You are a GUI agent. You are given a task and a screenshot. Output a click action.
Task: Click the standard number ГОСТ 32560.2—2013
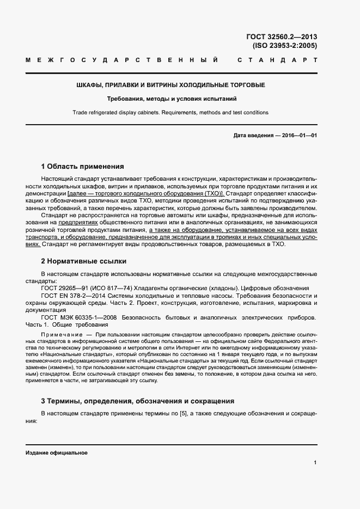pyautogui.click(x=282, y=37)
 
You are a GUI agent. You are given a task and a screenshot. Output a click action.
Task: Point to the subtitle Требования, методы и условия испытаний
pyautogui.click(x=170, y=99)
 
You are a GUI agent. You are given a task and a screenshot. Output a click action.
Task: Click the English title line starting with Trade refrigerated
pyautogui.click(x=170, y=113)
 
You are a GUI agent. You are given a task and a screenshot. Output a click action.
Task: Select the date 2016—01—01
pyautogui.click(x=298, y=135)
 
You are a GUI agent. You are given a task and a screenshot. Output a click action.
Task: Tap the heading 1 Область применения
pyautogui.click(x=83, y=166)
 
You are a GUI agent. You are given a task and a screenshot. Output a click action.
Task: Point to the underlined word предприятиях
pyautogui.click(x=93, y=223)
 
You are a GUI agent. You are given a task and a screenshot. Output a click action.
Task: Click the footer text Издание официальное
pyautogui.click(x=56, y=453)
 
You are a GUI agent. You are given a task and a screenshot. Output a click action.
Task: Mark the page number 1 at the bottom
pyautogui.click(x=315, y=463)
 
